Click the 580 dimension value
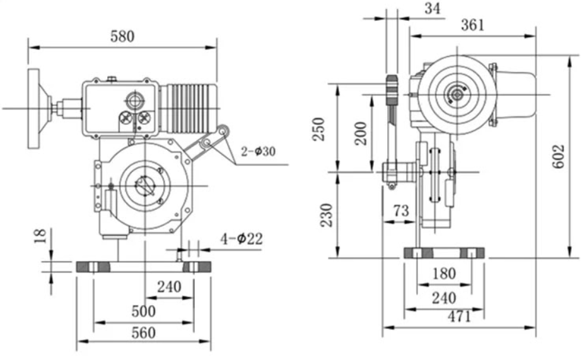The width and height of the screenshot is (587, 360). (122, 36)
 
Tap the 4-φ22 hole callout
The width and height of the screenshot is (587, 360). (241, 240)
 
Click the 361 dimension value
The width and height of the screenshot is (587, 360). (472, 25)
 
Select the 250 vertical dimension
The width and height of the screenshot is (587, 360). (320, 129)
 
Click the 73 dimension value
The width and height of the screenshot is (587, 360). (401, 211)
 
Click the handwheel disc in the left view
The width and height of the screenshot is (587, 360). (34, 108)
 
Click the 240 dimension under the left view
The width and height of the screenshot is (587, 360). (169, 286)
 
